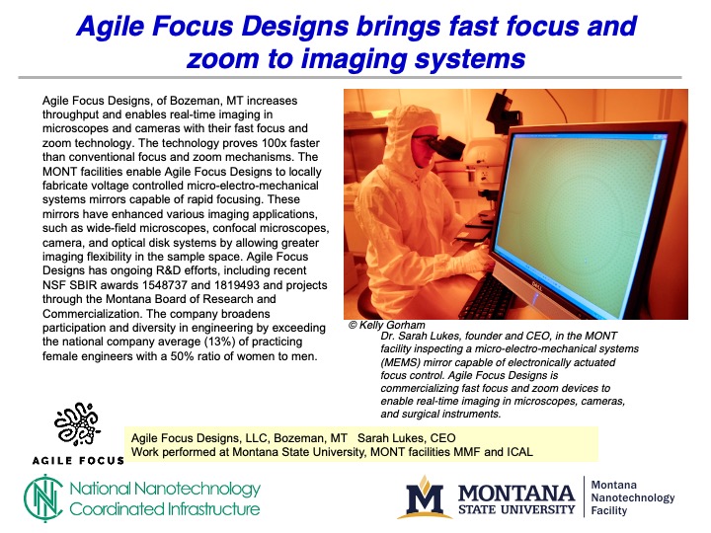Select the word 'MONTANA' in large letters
coord(516,492)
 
